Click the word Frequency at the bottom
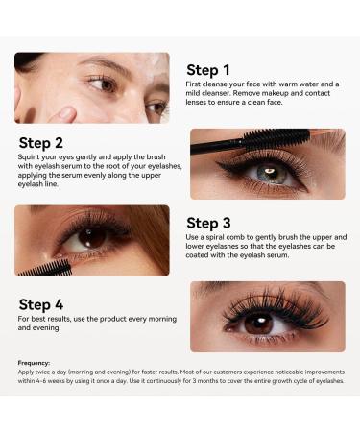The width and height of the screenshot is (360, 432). coord(34,363)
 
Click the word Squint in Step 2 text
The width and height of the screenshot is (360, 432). coord(32,163)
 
